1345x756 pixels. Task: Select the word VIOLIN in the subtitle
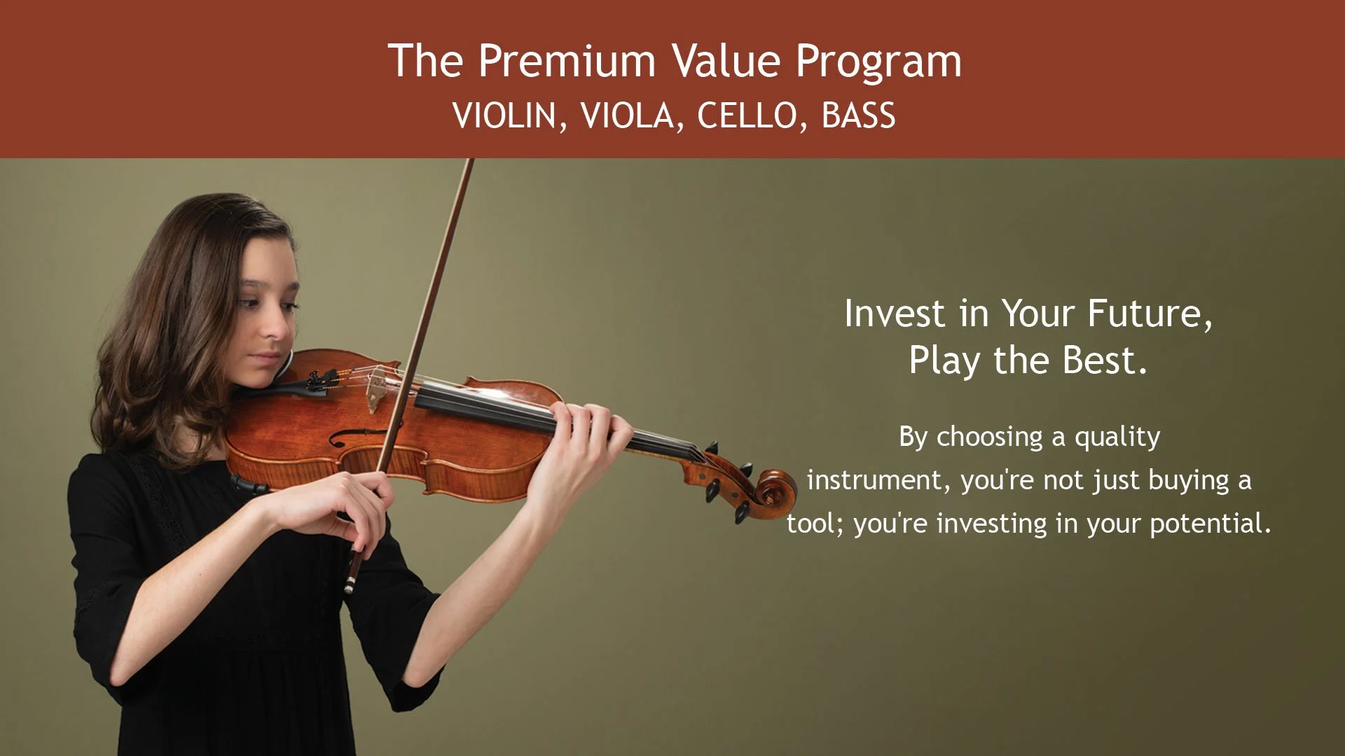[504, 115]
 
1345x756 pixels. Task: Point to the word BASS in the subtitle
[859, 115]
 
